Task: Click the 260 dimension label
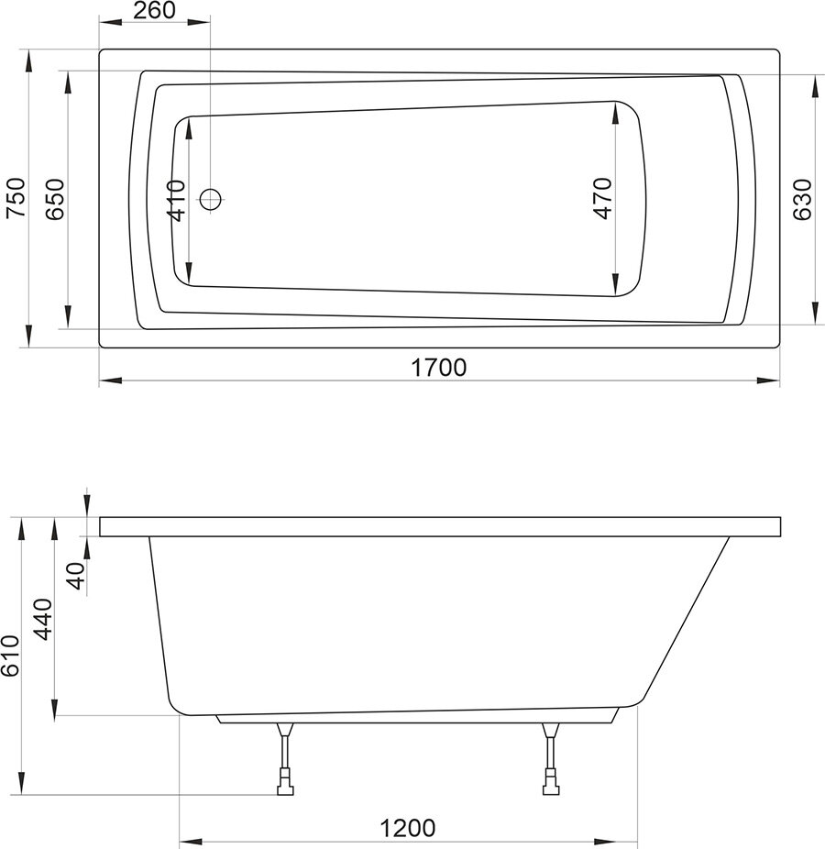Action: click(x=154, y=10)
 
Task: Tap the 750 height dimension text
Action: click(x=16, y=198)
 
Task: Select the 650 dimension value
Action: click(x=55, y=199)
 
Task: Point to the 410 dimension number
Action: click(x=177, y=201)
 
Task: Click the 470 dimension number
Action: click(x=602, y=198)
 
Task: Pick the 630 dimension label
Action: click(x=802, y=199)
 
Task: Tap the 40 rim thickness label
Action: click(x=77, y=576)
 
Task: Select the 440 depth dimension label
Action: click(x=43, y=619)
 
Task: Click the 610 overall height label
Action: click(x=10, y=656)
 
